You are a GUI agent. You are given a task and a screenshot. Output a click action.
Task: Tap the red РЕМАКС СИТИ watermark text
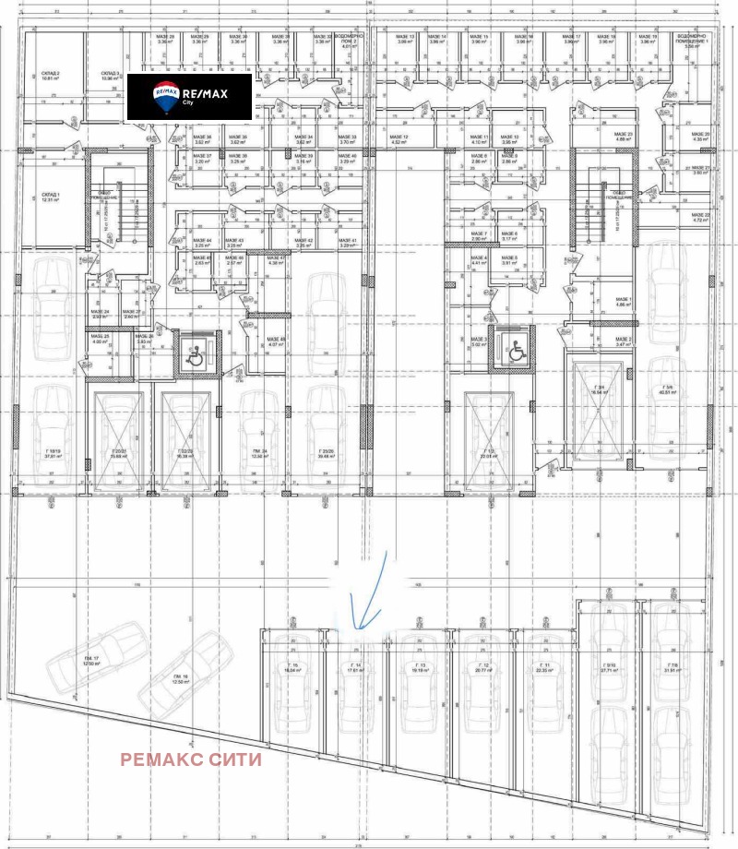(192, 759)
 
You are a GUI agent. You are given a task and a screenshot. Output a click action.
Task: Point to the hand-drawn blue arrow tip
(354, 629)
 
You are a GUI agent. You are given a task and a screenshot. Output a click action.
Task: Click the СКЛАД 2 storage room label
(51, 75)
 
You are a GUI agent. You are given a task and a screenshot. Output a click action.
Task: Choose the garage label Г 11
(545, 667)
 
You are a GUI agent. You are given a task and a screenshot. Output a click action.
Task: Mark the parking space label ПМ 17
(89, 659)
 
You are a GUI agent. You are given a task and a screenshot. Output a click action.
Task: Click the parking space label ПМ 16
(179, 679)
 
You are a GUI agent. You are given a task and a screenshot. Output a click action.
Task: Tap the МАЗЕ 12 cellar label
(399, 139)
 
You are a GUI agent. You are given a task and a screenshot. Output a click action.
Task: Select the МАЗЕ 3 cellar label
(479, 341)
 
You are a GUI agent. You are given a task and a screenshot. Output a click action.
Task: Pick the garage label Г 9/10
(609, 667)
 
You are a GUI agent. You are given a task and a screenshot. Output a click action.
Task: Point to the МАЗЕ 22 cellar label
(699, 218)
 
